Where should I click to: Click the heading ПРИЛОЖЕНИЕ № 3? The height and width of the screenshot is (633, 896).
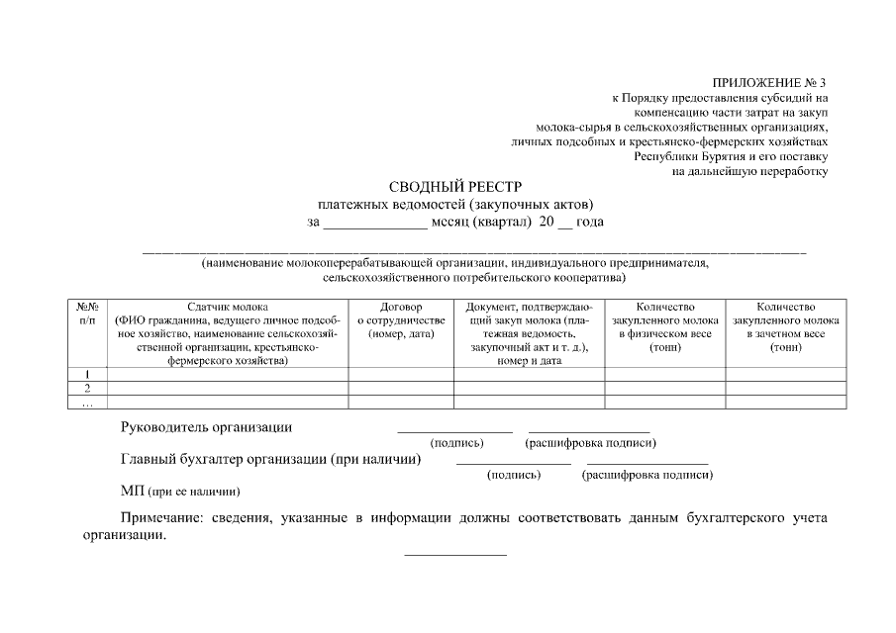tap(767, 82)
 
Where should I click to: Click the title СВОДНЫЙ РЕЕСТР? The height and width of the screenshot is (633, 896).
tap(448, 187)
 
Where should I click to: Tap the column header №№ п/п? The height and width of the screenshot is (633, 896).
tap(86, 315)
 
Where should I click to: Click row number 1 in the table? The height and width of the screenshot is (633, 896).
tap(87, 374)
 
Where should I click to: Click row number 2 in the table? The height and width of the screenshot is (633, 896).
tap(87, 388)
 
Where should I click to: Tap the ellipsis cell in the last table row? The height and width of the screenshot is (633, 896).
tap(87, 403)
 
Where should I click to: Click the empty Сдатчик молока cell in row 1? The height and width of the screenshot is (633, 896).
tap(227, 374)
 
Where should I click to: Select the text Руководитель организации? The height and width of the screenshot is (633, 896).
tap(206, 427)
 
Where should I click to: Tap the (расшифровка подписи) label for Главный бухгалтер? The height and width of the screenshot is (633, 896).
tap(647, 475)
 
